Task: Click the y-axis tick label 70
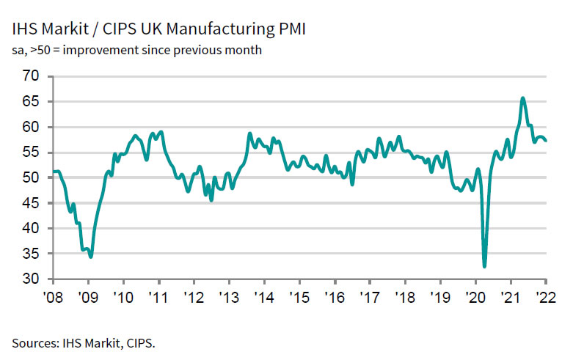point(32,76)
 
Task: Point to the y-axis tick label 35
point(32,254)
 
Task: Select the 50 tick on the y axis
point(32,178)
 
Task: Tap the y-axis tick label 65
point(32,102)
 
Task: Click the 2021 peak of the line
point(522,98)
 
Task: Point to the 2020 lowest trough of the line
point(484,266)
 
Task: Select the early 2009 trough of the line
point(90,257)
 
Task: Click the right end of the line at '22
point(546,141)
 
